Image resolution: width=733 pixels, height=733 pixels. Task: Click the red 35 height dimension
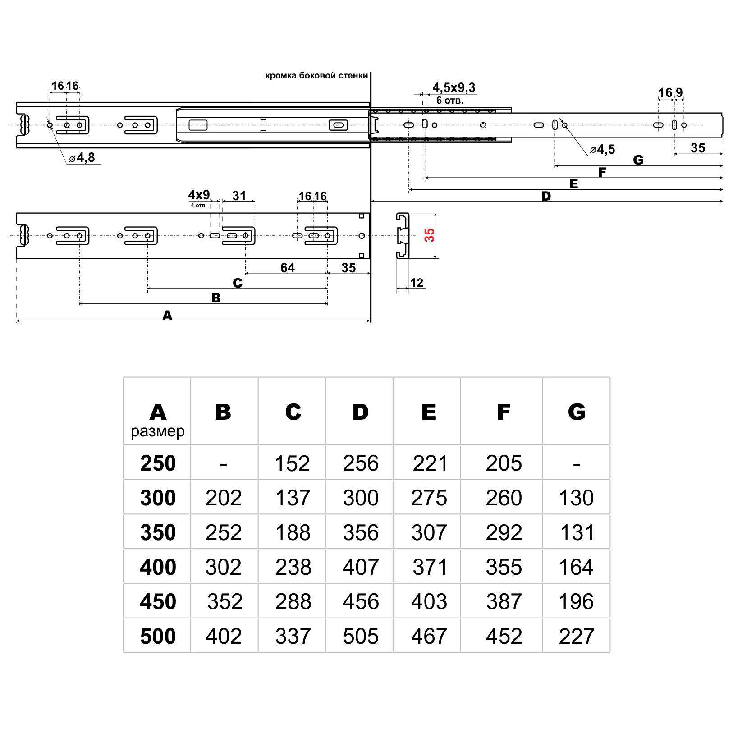coord(430,235)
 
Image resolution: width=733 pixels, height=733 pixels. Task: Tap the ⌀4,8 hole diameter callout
coord(82,158)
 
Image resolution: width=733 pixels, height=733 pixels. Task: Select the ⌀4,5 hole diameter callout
coord(603,150)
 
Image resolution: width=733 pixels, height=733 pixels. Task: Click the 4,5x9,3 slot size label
coord(454,87)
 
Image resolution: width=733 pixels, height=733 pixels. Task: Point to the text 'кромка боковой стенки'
coord(316,76)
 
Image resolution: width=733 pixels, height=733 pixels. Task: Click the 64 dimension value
coord(287,268)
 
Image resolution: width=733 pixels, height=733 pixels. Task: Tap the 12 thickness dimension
coord(417,283)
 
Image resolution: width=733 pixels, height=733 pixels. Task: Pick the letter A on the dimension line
coord(167,316)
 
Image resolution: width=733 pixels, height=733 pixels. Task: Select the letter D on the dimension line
coord(546,197)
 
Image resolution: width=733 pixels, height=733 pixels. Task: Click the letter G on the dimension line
coord(638,160)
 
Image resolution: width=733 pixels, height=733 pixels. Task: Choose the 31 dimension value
coord(239,196)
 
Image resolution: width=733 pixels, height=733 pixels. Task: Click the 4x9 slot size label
coord(199,195)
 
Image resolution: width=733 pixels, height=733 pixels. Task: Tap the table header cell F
coord(503,412)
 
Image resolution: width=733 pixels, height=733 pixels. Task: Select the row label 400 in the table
coord(158,567)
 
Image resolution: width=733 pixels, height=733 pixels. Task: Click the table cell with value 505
coord(360,636)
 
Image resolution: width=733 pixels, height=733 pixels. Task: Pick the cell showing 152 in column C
coord(292,463)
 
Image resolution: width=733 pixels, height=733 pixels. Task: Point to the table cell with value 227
coord(576,636)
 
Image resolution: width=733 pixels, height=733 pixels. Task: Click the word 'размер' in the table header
coord(158,431)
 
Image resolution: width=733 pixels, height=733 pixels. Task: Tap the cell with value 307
coord(429,532)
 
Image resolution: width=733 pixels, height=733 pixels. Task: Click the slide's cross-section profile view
coord(403,235)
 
